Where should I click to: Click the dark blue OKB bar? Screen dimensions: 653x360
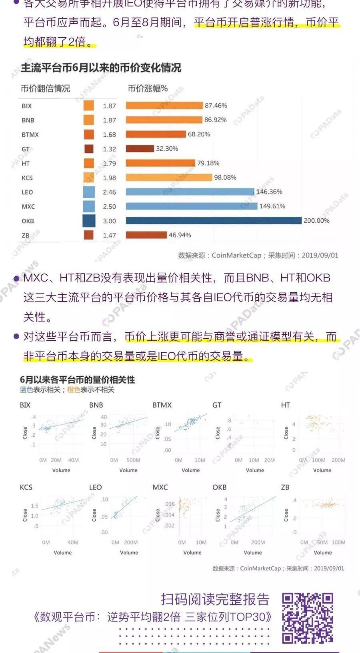(213, 221)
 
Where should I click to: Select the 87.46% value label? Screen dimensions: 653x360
(216, 106)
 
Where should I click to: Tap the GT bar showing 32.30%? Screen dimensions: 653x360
(140, 149)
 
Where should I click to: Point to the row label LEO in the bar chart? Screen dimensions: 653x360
(27, 192)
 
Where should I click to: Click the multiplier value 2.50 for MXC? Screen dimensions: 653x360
(109, 207)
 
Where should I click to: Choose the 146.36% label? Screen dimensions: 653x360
(269, 192)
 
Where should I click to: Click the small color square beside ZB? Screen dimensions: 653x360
(89, 235)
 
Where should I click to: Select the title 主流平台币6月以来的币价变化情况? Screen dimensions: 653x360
(101, 68)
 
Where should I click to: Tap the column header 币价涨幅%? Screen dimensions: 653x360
(148, 88)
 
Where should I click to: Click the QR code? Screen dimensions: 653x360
(307, 618)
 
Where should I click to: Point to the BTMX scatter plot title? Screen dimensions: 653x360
(162, 405)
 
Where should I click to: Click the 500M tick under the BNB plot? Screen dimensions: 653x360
(133, 460)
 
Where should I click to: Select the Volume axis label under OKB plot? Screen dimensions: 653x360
(253, 553)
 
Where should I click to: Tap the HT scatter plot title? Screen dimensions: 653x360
(285, 405)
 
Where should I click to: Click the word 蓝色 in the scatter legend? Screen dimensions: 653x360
(26, 389)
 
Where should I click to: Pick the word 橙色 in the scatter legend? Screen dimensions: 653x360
(74, 389)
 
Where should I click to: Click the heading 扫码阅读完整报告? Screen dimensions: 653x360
(215, 599)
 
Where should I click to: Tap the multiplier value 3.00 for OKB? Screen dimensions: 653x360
(109, 221)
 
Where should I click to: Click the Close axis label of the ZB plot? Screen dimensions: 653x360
(286, 515)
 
